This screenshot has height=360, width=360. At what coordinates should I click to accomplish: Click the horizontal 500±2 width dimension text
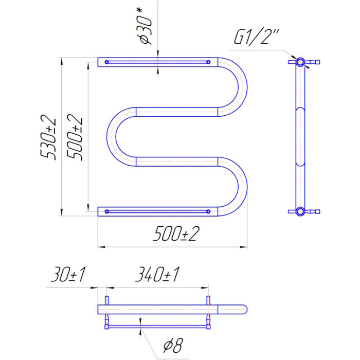pyautogui.click(x=176, y=233)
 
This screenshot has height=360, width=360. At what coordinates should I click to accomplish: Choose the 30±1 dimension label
pyautogui.click(x=68, y=274)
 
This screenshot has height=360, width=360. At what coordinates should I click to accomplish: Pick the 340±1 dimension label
pyautogui.click(x=157, y=274)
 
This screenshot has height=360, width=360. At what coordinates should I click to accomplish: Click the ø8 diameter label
pyautogui.click(x=173, y=346)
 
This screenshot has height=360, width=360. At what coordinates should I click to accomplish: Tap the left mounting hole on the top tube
pyautogui.click(x=106, y=62)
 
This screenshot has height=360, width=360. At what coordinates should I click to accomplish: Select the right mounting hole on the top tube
pyautogui.click(x=208, y=62)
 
